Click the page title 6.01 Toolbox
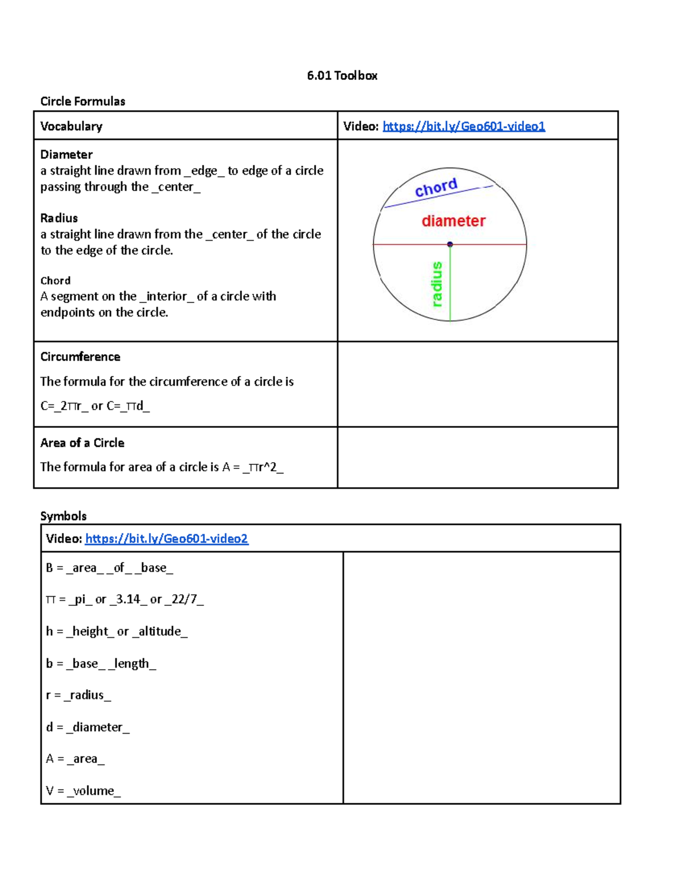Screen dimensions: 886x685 point(342,76)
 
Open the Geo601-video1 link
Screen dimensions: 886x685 point(464,126)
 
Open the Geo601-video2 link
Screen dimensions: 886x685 point(166,539)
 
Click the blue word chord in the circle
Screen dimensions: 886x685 point(436,187)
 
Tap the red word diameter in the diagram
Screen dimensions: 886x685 point(453,221)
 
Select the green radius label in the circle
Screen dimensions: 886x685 point(437,284)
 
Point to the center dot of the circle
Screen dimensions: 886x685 point(450,244)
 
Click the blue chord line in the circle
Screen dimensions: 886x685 point(400,203)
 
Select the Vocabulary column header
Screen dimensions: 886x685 point(71,126)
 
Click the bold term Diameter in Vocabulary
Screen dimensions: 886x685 point(66,155)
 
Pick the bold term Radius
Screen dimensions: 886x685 point(59,218)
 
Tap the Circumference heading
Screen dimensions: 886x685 point(80,357)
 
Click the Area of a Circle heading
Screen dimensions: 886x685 point(82,443)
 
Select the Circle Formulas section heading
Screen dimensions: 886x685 point(83,102)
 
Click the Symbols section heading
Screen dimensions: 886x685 point(63,516)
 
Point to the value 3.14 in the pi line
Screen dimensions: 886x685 point(128,599)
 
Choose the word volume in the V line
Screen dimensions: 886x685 point(94,791)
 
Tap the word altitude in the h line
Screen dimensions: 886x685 point(160,631)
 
